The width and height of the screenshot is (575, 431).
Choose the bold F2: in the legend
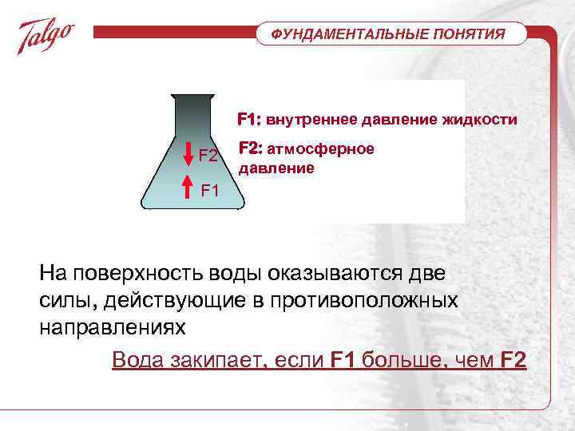click(x=251, y=149)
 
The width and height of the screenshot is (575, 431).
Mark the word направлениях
click(x=112, y=327)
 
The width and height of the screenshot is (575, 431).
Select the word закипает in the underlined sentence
click(x=213, y=360)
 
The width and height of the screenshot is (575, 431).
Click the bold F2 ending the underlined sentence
click(x=513, y=360)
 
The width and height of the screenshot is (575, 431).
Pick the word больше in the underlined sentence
click(x=397, y=360)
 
